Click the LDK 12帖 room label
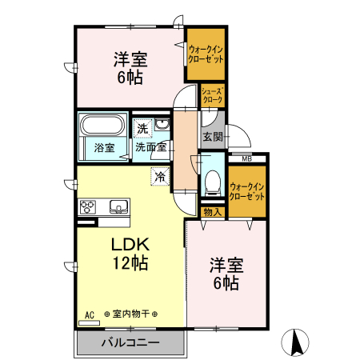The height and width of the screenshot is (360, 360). [x=130, y=254]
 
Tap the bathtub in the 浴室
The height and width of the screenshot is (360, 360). [x=102, y=125]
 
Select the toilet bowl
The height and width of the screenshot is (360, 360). [x=213, y=182]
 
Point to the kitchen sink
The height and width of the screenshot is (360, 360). [x=118, y=206]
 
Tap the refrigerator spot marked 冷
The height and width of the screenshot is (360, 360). [x=160, y=176]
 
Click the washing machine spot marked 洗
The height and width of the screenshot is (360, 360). [x=142, y=129]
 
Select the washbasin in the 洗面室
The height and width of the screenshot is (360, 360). [x=162, y=124]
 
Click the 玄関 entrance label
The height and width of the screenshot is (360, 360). [x=213, y=137]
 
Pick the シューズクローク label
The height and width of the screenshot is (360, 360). [x=212, y=95]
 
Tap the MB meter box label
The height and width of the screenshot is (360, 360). [x=247, y=159]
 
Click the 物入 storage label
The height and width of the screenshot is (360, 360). [x=213, y=212]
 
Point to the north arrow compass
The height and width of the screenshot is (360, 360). [x=295, y=342]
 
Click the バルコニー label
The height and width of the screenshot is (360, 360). [x=130, y=342]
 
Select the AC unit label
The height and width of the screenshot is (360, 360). [x=90, y=315]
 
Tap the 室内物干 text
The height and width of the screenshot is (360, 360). [x=130, y=314]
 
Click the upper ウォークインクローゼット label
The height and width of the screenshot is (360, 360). [x=206, y=54]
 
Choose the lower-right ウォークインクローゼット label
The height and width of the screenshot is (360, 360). [x=247, y=191]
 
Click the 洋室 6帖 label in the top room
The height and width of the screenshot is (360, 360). [x=130, y=68]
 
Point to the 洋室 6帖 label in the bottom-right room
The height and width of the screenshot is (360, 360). [x=226, y=274]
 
